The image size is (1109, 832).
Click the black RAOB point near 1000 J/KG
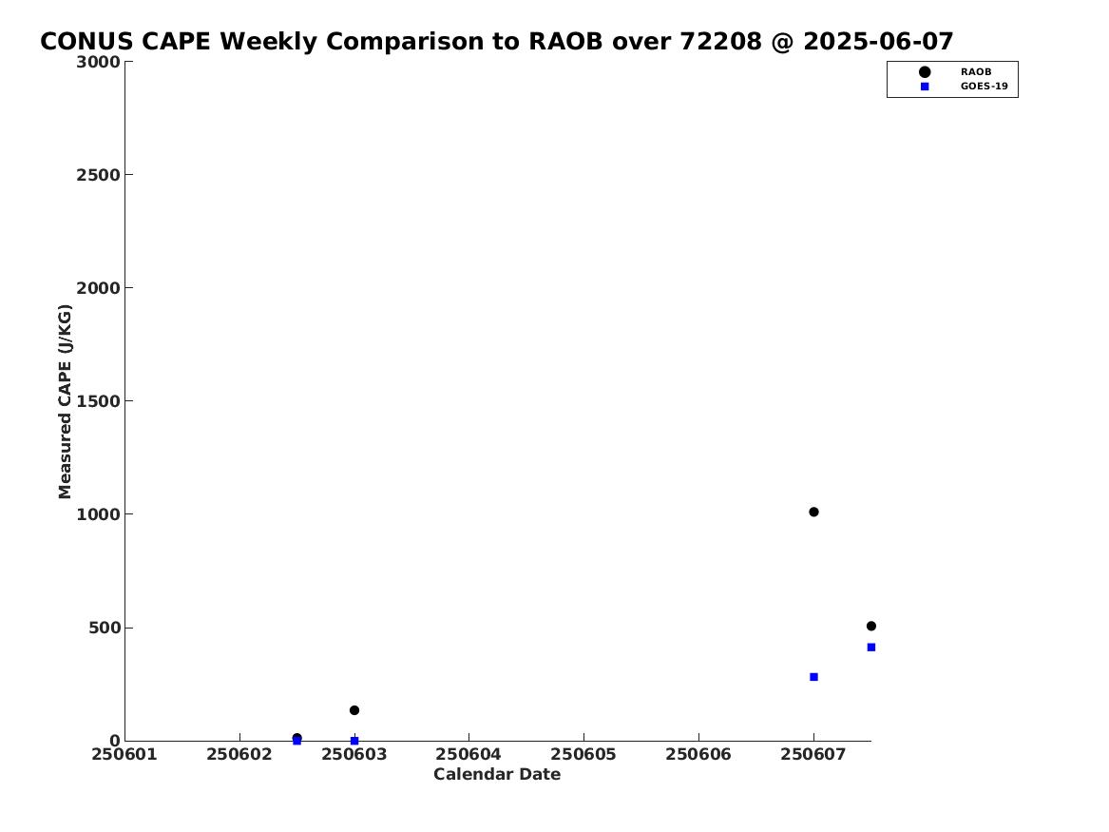[813, 512]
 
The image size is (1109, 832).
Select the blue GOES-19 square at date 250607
[813, 677]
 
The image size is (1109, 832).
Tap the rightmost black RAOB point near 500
[870, 626]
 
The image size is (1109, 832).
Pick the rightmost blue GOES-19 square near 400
[870, 648]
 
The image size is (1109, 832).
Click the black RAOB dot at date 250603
[354, 710]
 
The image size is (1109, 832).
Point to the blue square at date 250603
[354, 741]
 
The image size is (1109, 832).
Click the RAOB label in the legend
[976, 72]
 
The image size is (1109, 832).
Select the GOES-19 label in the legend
[984, 87]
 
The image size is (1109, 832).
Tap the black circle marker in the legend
[925, 72]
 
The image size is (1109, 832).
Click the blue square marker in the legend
[925, 87]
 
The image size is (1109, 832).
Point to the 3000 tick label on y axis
[98, 62]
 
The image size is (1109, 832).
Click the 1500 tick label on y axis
[98, 401]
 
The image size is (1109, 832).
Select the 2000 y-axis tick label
[98, 288]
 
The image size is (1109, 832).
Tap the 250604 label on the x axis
[468, 755]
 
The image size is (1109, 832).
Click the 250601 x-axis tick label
[124, 755]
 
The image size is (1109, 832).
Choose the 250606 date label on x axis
[698, 755]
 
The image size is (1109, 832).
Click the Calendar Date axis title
[497, 775]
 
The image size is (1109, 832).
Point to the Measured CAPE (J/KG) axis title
[65, 401]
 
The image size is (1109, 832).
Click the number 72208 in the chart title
[721, 42]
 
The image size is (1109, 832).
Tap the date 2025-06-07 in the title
[878, 42]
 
